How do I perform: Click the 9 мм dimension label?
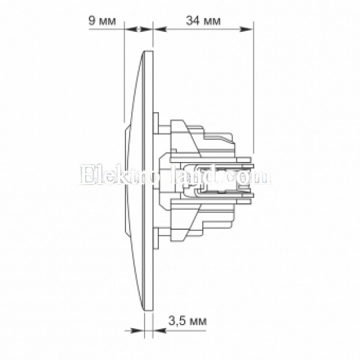click(102, 21)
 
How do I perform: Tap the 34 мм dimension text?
click(203, 21)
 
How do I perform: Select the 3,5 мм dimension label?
click(188, 321)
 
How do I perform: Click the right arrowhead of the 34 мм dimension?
click(247, 29)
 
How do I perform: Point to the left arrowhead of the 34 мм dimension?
click(160, 29)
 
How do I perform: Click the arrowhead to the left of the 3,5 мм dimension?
click(137, 331)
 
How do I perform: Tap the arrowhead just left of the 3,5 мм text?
click(160, 331)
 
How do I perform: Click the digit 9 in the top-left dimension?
click(92, 21)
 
